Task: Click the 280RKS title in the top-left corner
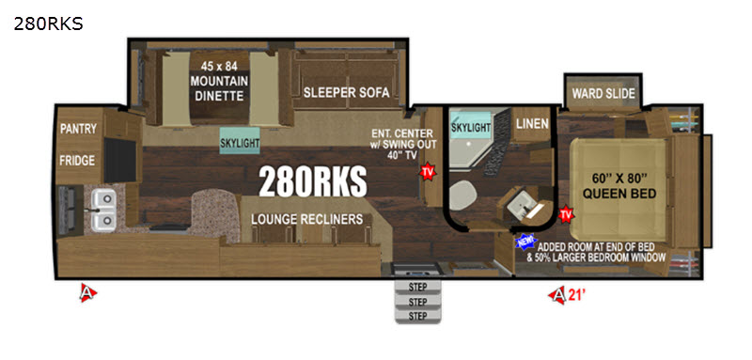(x=48, y=23)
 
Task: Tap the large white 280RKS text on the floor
(x=313, y=182)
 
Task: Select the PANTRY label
(x=78, y=129)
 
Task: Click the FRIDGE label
(x=77, y=160)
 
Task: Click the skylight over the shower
(x=471, y=125)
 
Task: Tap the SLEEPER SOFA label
(x=346, y=92)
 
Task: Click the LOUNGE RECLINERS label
(x=307, y=219)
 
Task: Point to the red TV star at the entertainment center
(x=427, y=172)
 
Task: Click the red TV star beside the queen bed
(x=567, y=213)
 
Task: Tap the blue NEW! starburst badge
(x=525, y=243)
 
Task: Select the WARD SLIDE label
(x=603, y=93)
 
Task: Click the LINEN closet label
(x=532, y=124)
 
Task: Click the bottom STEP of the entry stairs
(x=417, y=316)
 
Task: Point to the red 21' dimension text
(x=578, y=295)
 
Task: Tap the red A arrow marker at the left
(x=87, y=292)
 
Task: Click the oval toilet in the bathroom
(x=463, y=196)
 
